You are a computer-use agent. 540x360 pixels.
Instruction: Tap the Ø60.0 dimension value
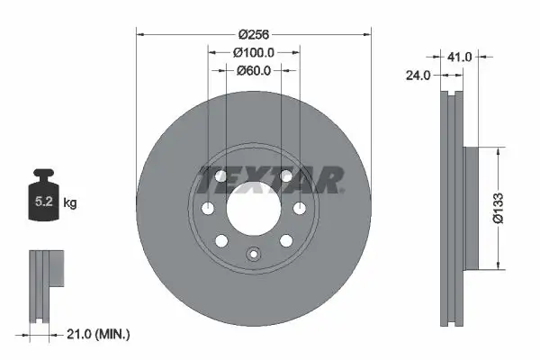[253, 70]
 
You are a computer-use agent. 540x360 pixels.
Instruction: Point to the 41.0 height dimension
[460, 56]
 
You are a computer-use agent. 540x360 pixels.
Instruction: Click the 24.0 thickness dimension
[418, 76]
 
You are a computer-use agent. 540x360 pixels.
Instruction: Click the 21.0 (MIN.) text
[99, 334]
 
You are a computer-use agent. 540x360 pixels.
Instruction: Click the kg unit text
[70, 203]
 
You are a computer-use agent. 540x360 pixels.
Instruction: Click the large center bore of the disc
[253, 209]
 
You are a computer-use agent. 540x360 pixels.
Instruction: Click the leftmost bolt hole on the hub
[208, 209]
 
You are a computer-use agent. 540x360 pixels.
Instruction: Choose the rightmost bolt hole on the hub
[299, 209]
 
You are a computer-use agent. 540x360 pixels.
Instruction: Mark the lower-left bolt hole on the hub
[221, 241]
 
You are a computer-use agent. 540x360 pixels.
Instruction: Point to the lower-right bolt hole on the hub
[285, 241]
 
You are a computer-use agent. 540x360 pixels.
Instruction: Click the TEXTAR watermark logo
[270, 180]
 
